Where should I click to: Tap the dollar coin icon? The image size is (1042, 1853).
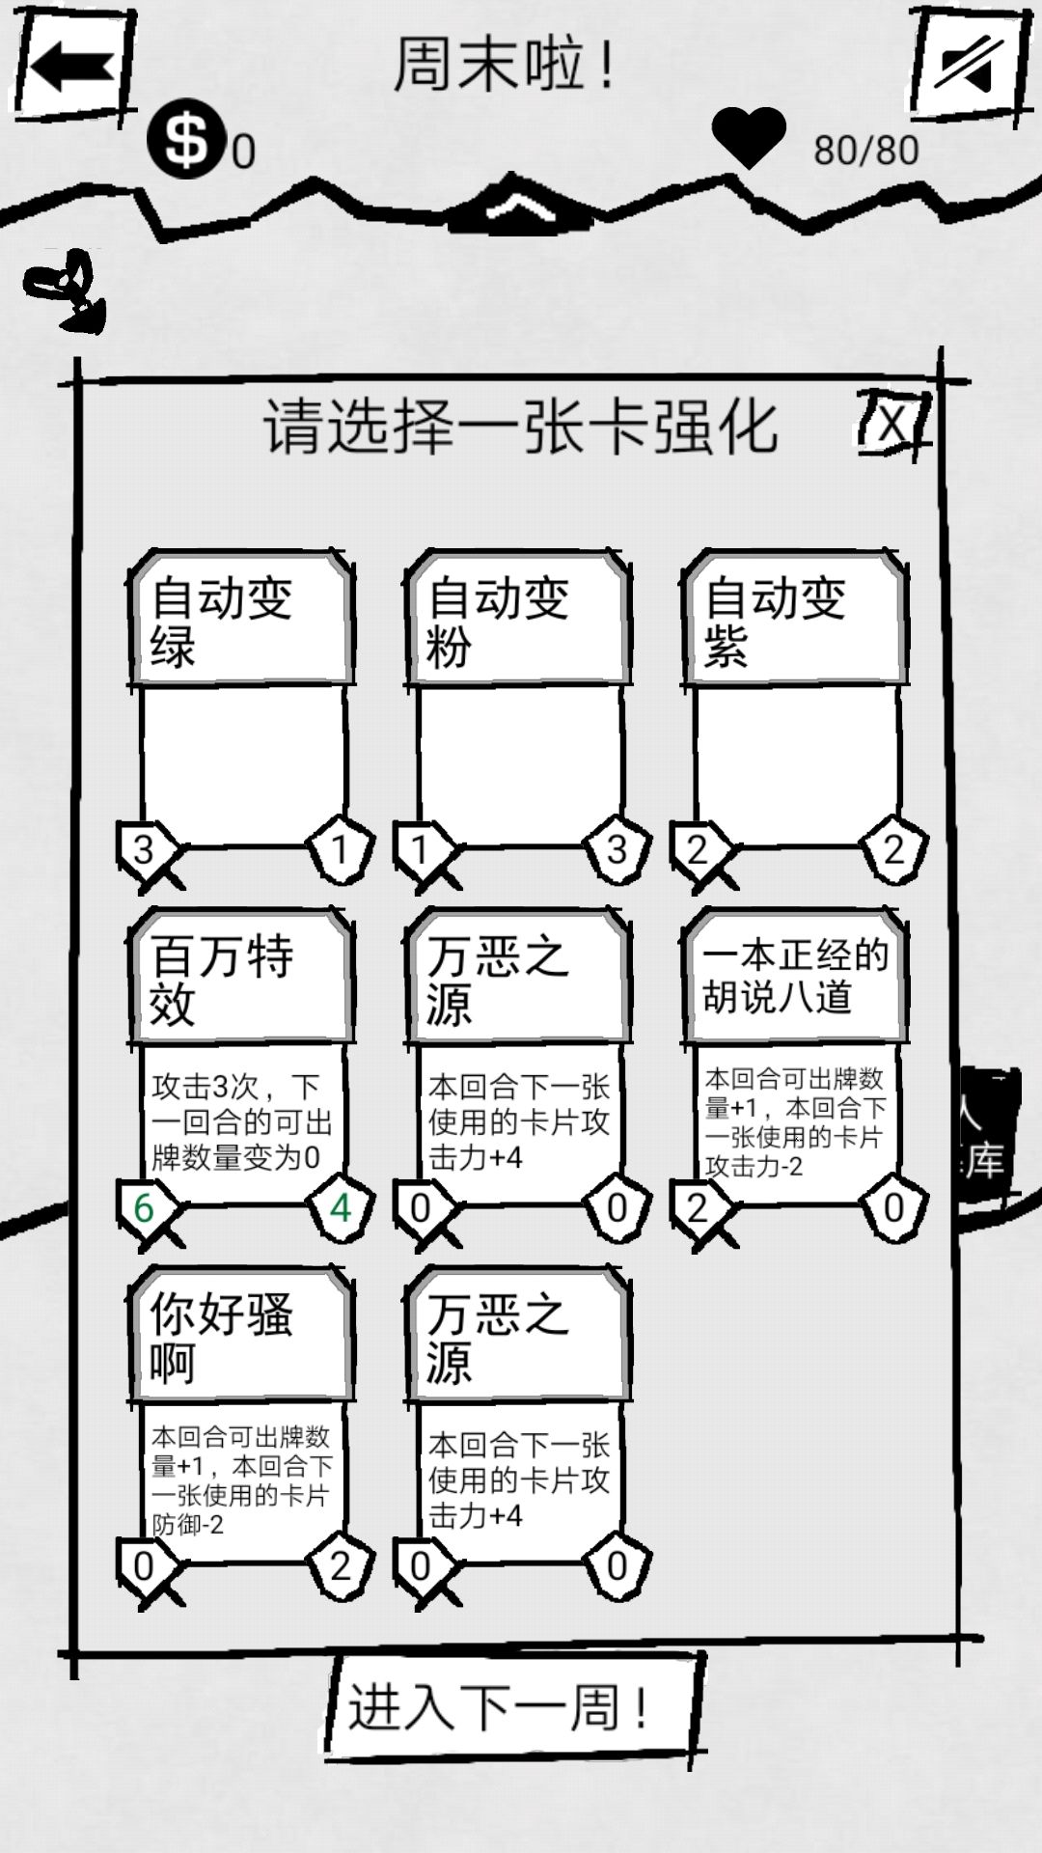(x=186, y=140)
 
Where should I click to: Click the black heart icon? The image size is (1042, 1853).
(x=748, y=138)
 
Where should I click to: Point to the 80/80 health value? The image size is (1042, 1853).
(x=865, y=151)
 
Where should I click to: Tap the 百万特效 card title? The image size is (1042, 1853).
(x=222, y=979)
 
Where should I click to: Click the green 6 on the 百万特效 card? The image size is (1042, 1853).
(x=144, y=1207)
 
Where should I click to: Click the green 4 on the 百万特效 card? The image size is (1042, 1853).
(x=340, y=1207)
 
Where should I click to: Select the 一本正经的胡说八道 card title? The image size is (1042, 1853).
(x=794, y=976)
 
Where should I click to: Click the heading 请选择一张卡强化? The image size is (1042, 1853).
(x=520, y=426)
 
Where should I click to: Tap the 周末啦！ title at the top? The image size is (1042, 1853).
(x=504, y=66)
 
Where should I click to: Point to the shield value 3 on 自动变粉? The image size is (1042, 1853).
(x=617, y=849)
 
